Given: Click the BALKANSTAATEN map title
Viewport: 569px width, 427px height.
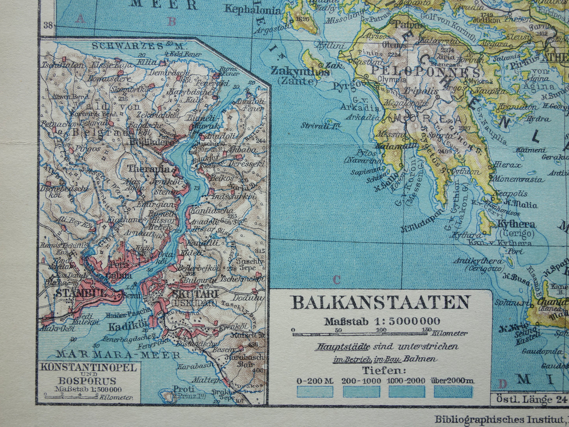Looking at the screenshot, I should [x=380, y=303].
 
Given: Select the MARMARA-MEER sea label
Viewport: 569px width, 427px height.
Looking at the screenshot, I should [x=118, y=354].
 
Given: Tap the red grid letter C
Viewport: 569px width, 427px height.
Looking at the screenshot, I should [x=336, y=280].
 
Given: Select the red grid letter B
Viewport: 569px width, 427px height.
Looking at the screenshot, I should [x=172, y=21].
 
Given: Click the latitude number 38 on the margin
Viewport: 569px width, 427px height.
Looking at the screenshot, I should [x=48, y=25].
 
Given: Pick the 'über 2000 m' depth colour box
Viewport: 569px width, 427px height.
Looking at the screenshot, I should [x=452, y=392].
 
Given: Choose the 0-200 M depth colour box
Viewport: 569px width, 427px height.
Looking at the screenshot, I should [x=315, y=392].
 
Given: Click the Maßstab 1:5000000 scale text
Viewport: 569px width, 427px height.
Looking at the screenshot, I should [x=382, y=321].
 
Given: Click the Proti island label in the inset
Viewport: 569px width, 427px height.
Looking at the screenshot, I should [x=179, y=389].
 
